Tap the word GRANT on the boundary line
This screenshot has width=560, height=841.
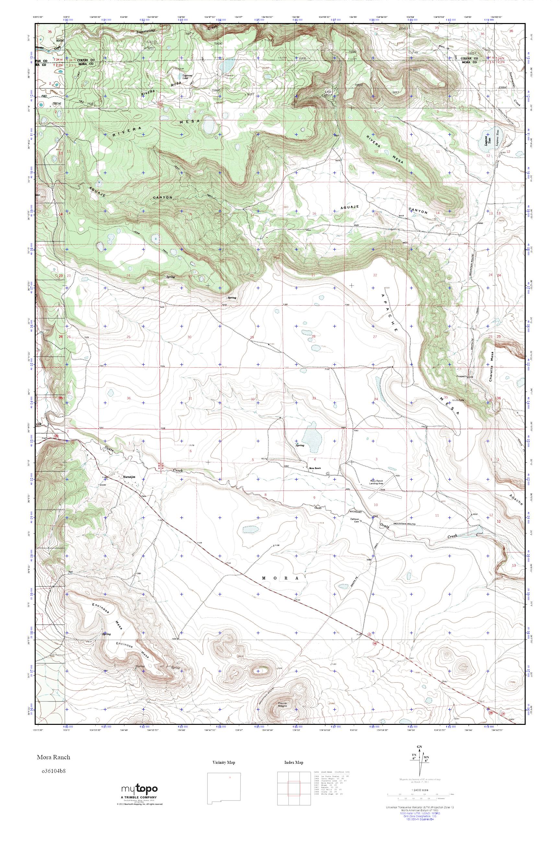(318, 507)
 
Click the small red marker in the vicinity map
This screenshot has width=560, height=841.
(230, 774)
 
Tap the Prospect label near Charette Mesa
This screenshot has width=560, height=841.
(462, 376)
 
